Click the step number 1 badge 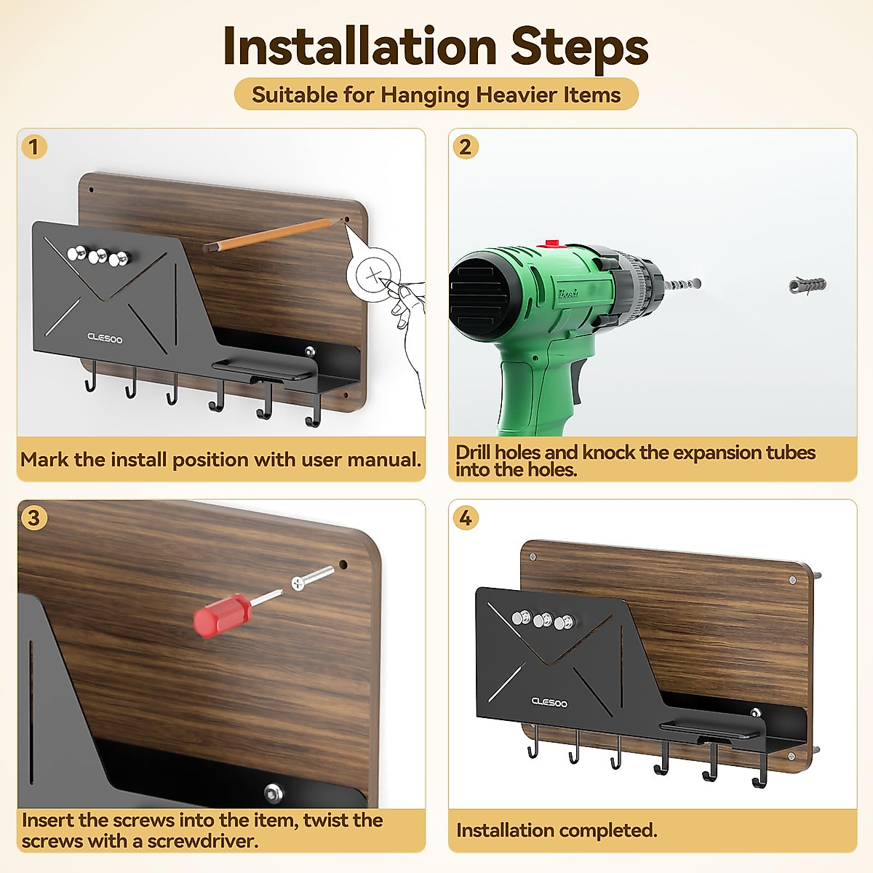click(x=34, y=147)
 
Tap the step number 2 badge click(x=466, y=147)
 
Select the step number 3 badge click(x=34, y=518)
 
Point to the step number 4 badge click(x=466, y=518)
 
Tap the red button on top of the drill click(x=551, y=244)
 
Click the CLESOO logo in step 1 click(x=105, y=338)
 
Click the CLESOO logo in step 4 click(x=549, y=702)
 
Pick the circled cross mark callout click(x=374, y=274)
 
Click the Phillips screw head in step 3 click(x=298, y=583)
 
